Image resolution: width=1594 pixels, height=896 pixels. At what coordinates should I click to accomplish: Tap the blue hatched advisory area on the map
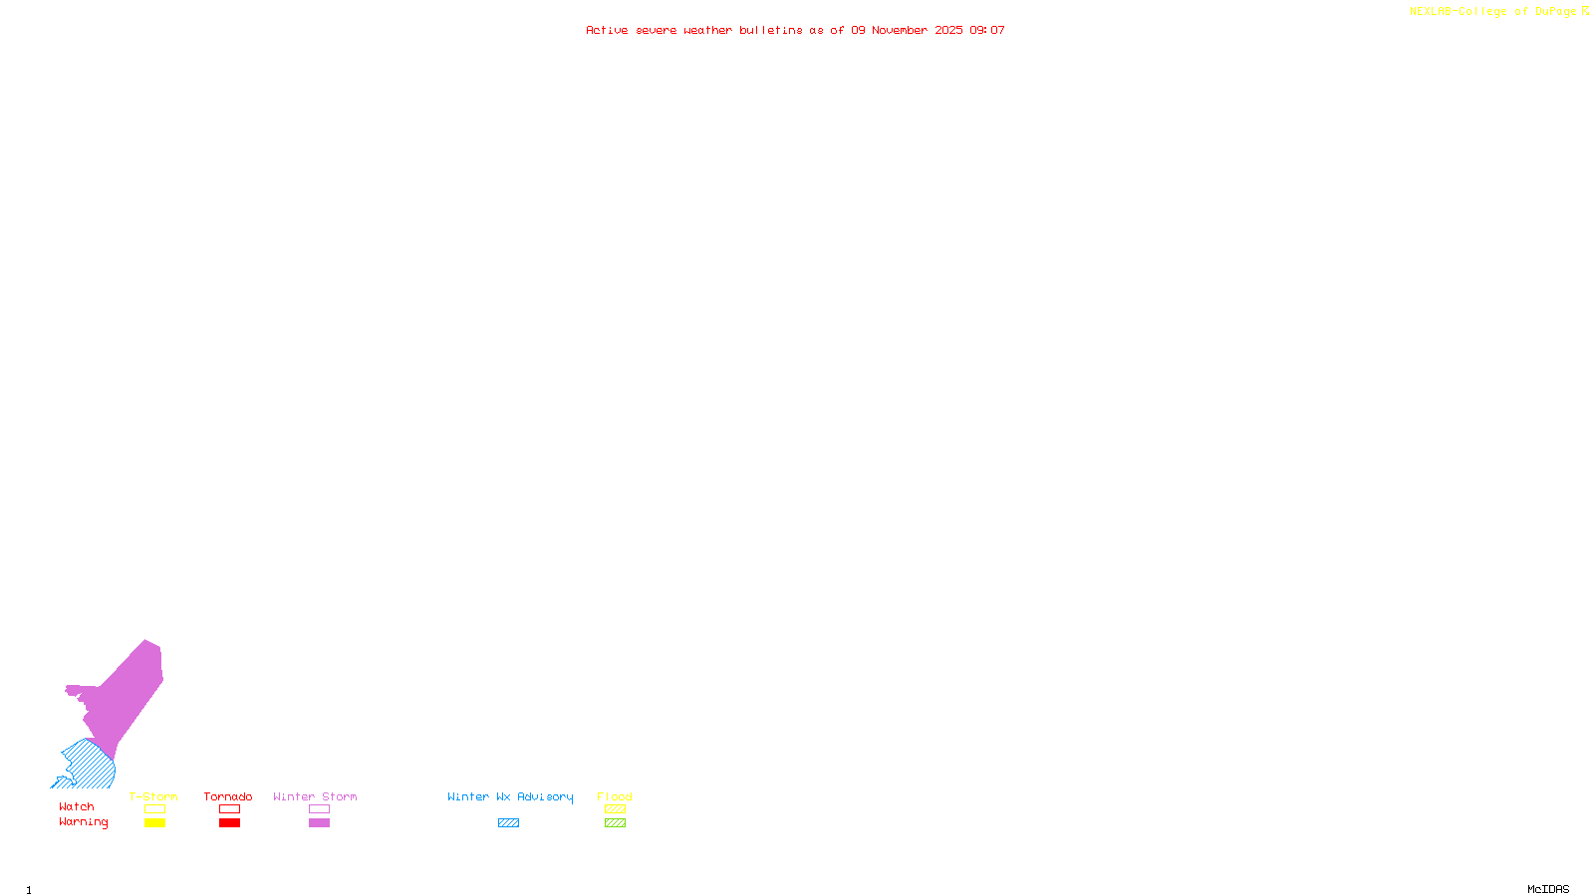click(x=90, y=767)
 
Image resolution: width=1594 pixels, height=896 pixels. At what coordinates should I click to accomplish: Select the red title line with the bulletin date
click(x=795, y=31)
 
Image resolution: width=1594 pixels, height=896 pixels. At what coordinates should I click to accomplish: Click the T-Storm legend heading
click(x=153, y=796)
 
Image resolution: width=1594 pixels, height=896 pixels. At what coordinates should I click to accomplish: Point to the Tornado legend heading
click(x=228, y=796)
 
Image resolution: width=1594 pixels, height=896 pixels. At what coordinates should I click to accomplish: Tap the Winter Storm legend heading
click(x=315, y=796)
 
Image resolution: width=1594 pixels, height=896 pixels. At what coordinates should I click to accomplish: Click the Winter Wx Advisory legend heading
click(x=510, y=796)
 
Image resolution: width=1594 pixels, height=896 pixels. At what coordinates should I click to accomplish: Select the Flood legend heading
click(x=615, y=796)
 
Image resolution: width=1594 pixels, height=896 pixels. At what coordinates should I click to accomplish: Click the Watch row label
click(x=77, y=807)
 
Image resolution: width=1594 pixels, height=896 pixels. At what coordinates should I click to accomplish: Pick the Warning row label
click(x=83, y=822)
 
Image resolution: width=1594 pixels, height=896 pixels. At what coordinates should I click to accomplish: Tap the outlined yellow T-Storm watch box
click(x=154, y=809)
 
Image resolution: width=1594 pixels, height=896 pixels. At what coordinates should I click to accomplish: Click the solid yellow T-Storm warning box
click(x=154, y=823)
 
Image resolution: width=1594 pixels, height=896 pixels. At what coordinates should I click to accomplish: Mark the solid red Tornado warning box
click(x=229, y=823)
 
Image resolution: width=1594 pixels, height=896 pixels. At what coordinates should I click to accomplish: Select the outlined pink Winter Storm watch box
click(x=319, y=809)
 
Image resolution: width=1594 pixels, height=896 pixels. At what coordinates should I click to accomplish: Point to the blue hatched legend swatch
click(x=508, y=823)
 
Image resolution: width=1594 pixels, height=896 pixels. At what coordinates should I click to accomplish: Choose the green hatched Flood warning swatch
click(x=615, y=823)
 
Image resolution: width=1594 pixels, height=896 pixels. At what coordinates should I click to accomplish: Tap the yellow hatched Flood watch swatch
click(x=615, y=809)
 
